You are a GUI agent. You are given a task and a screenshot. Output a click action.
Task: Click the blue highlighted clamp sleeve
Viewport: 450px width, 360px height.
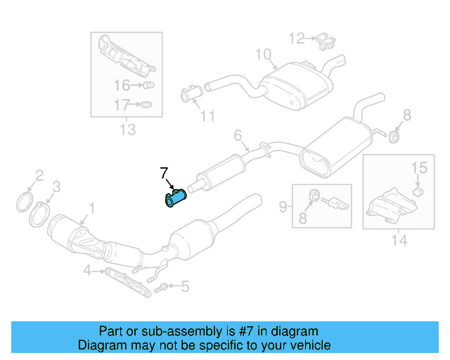click(173, 200)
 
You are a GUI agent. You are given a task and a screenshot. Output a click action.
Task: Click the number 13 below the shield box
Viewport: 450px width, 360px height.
click(127, 130)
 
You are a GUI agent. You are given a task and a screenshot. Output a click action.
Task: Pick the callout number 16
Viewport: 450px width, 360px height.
click(122, 86)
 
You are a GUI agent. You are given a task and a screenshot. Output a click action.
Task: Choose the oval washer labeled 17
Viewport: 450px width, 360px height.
click(145, 105)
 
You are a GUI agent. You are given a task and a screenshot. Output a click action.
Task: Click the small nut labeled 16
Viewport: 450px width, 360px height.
click(148, 86)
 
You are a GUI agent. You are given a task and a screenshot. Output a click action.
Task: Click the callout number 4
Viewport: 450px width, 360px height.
click(87, 270)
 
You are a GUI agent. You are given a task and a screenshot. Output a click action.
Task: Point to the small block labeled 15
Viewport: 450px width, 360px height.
click(416, 191)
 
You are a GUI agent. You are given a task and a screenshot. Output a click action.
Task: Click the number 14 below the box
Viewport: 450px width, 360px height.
click(399, 240)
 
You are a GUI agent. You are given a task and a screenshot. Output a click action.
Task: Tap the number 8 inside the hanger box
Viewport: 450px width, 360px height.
click(303, 219)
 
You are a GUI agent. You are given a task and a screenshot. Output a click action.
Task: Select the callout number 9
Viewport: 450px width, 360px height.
click(283, 206)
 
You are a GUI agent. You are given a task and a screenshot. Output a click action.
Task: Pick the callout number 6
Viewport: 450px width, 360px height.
click(238, 134)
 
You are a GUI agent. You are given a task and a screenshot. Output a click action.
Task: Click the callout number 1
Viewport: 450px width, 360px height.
click(90, 207)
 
